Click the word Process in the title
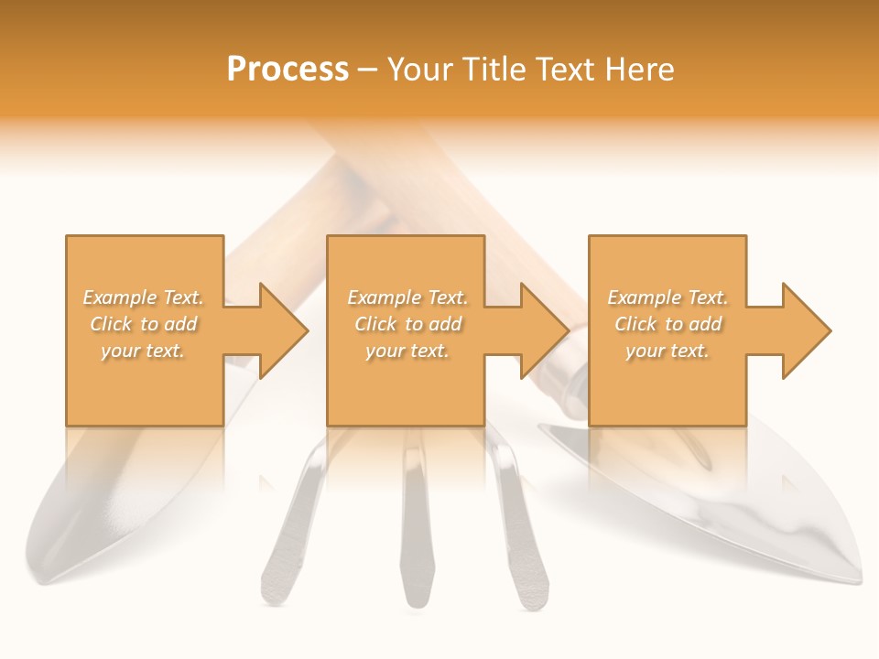pyautogui.click(x=288, y=69)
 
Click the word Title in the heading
pyautogui.click(x=492, y=69)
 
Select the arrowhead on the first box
pyautogui.click(x=279, y=330)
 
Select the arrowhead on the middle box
pyautogui.click(x=541, y=330)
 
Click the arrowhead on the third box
pyautogui.click(x=803, y=330)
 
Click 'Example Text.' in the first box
pyautogui.click(x=144, y=297)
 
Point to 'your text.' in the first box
pyautogui.click(x=144, y=351)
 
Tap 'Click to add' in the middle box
pyautogui.click(x=407, y=324)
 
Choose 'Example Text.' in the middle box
pyautogui.click(x=407, y=297)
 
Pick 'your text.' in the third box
pyautogui.click(x=667, y=351)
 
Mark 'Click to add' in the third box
pyautogui.click(x=667, y=324)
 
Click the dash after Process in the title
pyautogui.click(x=368, y=70)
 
